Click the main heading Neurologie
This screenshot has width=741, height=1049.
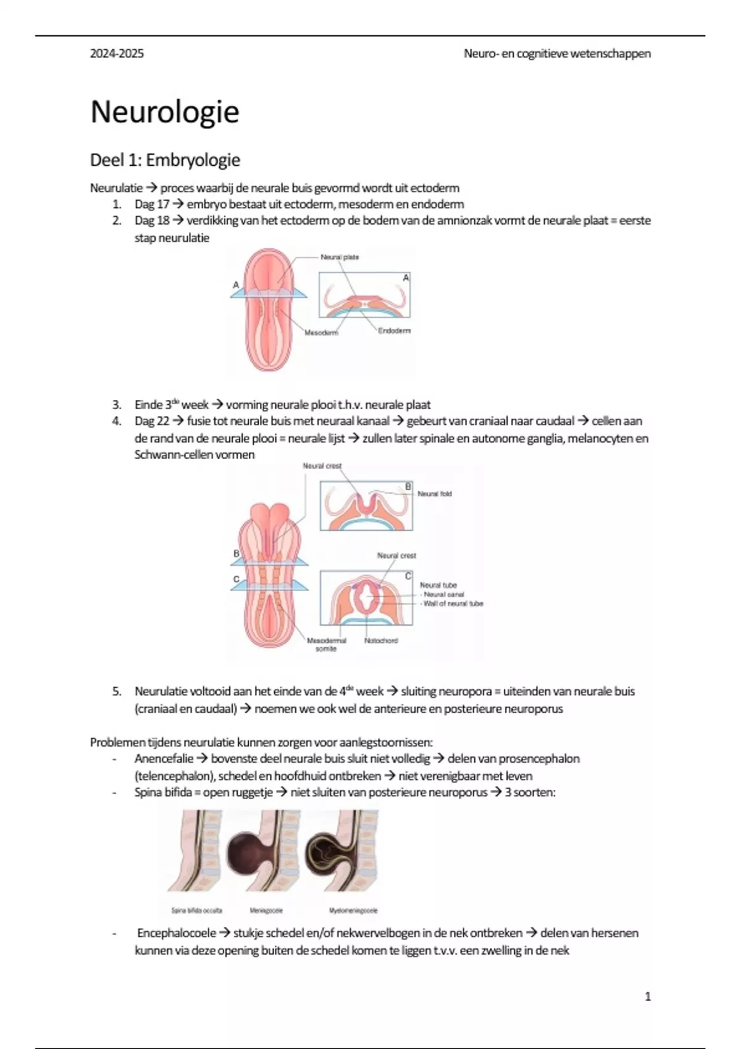coord(164,112)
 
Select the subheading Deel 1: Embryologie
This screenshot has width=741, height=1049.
coord(165,160)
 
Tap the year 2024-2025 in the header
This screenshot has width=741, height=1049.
coord(117,54)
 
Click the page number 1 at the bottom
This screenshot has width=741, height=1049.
coord(647,997)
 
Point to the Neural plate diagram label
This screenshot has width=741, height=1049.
coord(339,257)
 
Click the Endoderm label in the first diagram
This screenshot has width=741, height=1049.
coord(394,331)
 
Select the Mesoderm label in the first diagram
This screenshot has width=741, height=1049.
coord(321,333)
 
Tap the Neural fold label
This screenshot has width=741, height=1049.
coord(435,494)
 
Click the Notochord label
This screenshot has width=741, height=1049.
coord(381,641)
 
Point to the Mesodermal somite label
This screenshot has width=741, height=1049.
coord(326,644)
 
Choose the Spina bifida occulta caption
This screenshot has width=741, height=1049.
coord(196,910)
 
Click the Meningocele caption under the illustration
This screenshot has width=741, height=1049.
coord(266,910)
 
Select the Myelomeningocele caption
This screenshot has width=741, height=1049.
coord(353,910)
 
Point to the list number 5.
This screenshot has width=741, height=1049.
coord(117,692)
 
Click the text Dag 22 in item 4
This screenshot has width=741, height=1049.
coord(151,421)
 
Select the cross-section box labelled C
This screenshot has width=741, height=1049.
coord(366,597)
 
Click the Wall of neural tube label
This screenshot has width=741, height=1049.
coord(453,603)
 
